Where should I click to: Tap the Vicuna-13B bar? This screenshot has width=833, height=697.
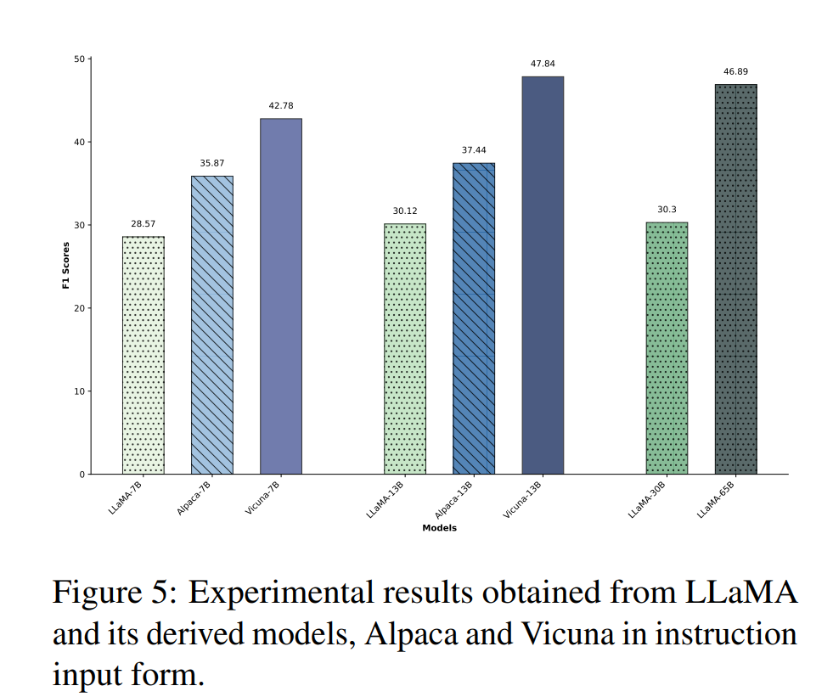click(x=543, y=275)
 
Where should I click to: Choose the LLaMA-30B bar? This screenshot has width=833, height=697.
click(x=667, y=348)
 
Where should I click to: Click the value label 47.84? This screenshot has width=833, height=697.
click(x=543, y=64)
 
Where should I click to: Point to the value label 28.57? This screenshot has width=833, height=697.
click(x=144, y=224)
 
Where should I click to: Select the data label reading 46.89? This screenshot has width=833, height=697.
click(x=735, y=72)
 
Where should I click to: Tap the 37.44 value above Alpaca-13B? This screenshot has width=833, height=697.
click(x=474, y=150)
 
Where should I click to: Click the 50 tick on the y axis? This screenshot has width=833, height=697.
click(x=79, y=59)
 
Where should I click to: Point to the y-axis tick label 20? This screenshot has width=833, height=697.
click(x=79, y=308)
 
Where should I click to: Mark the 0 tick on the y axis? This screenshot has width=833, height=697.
click(x=82, y=475)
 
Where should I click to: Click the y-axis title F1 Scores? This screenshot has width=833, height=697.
click(x=66, y=267)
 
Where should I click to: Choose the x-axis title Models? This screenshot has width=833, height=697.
click(x=439, y=528)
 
